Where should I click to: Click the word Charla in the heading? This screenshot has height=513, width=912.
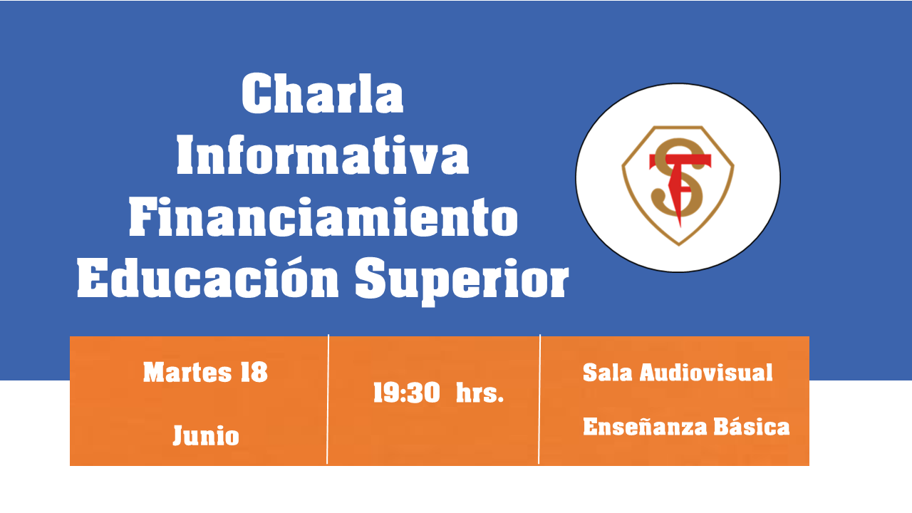(x=323, y=93)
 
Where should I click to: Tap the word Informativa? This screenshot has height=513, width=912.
(x=323, y=155)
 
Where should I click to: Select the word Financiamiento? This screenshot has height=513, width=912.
(x=323, y=217)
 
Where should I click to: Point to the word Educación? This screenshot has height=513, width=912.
(x=208, y=278)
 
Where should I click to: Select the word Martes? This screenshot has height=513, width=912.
(x=187, y=372)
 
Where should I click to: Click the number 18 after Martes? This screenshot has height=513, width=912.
(x=254, y=372)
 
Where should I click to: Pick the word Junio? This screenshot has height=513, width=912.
(x=206, y=435)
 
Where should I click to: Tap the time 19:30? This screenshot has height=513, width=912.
(x=407, y=393)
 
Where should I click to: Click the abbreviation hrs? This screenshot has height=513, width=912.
(x=480, y=393)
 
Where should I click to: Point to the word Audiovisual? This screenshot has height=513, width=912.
(x=706, y=373)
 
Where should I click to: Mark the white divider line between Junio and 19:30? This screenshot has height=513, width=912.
(x=328, y=399)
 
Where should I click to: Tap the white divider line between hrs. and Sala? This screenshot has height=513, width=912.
(x=539, y=399)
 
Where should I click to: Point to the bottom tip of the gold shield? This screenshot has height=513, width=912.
(x=679, y=245)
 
